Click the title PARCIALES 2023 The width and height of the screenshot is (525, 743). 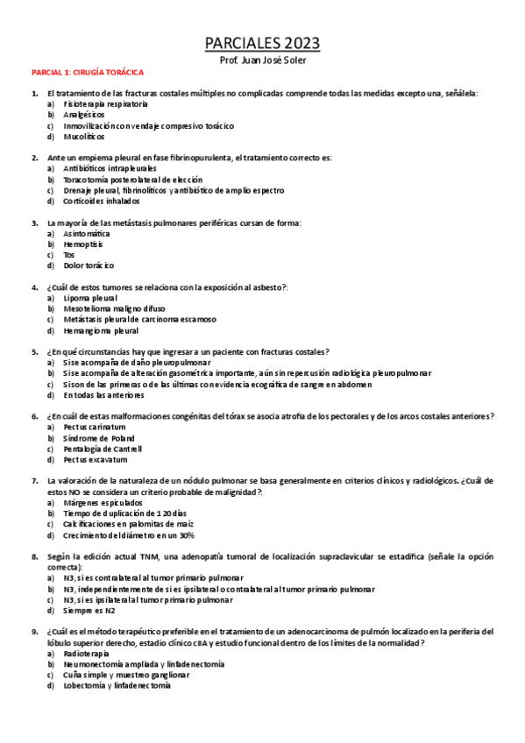[x=262, y=44]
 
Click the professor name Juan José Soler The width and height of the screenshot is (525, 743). [x=262, y=60]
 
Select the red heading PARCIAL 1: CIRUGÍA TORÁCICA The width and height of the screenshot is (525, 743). [x=88, y=73]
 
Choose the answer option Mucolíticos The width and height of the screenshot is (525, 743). [x=84, y=137]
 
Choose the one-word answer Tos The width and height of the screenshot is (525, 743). [x=70, y=254]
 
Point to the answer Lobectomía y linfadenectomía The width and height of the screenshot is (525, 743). [x=117, y=685]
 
